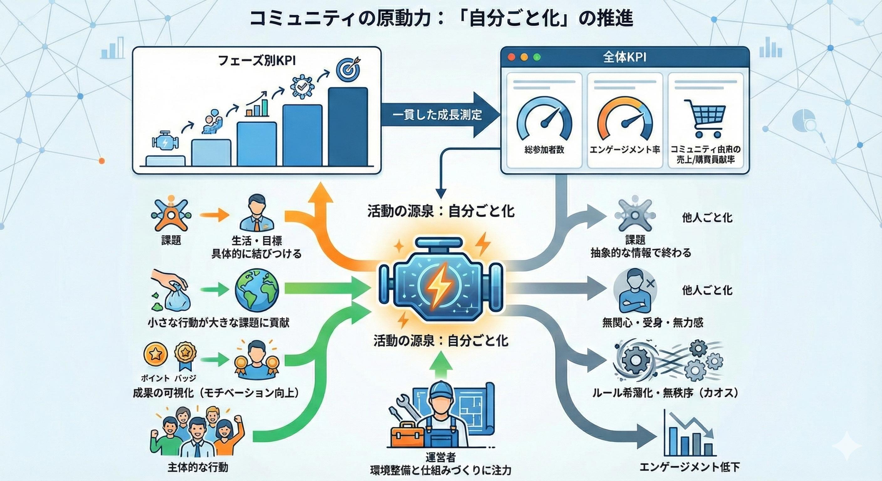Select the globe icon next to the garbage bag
257,289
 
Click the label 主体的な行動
198,467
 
